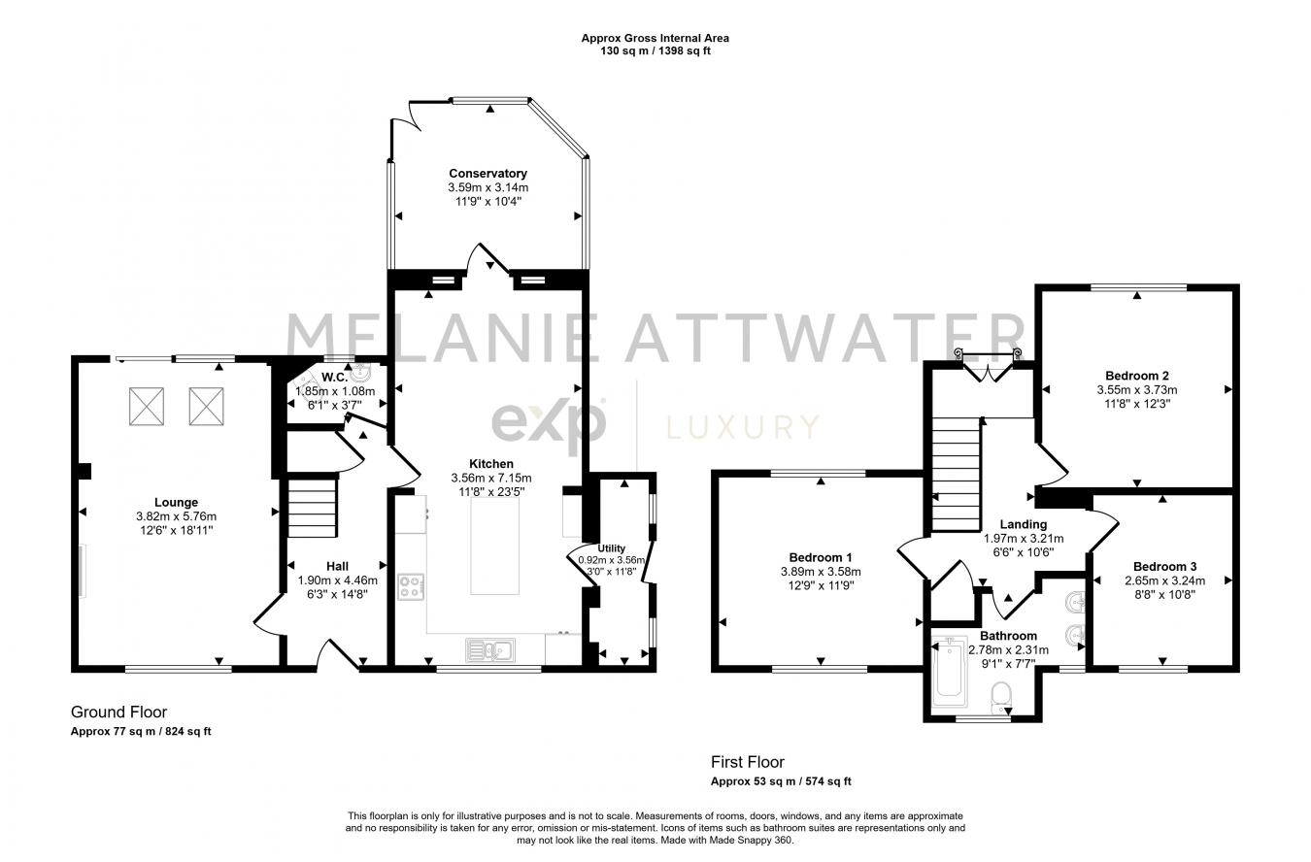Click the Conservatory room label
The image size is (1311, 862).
coord(487,174)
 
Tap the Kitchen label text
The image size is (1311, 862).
coord(490,464)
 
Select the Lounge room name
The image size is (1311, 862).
coord(175,503)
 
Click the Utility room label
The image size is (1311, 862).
coord(612,548)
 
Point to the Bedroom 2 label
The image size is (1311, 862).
coord(1136,376)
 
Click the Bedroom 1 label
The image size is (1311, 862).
coord(821,557)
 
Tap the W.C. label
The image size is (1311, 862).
coord(335,377)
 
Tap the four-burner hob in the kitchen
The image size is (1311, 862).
coord(411,587)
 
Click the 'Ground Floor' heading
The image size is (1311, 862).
coord(118,713)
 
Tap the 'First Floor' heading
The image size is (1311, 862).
coord(747,762)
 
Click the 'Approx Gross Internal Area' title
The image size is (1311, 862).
coord(655,39)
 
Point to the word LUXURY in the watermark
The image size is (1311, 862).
coord(741,426)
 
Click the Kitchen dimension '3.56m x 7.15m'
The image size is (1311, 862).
coord(490,478)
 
